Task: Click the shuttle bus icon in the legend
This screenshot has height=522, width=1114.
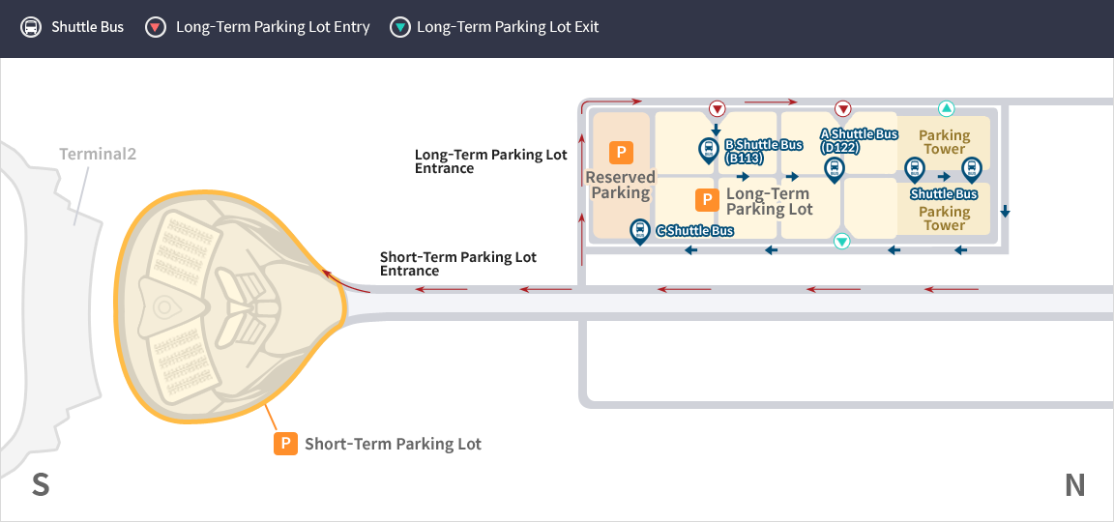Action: tap(31, 28)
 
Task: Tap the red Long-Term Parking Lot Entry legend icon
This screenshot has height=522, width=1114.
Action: tap(156, 28)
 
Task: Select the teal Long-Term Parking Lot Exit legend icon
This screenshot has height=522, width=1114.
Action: tap(400, 28)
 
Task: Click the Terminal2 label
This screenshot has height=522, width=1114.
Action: tap(98, 154)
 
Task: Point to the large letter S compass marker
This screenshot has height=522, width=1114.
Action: tap(41, 485)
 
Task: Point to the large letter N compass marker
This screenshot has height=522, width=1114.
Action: tap(1075, 485)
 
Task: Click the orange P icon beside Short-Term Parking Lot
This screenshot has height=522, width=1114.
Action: tap(285, 443)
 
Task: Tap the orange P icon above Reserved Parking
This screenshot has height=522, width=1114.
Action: tap(621, 152)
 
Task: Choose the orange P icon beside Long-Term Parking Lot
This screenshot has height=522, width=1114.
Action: tap(706, 200)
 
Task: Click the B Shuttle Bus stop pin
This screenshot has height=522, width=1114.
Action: tap(708, 151)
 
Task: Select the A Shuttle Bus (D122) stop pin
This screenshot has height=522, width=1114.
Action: tap(835, 170)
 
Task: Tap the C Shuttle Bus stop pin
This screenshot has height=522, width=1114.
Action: tap(641, 232)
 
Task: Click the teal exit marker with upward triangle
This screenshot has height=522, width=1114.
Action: tap(946, 108)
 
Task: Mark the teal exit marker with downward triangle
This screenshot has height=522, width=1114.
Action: tap(842, 242)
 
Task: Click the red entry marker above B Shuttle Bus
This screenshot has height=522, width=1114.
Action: tap(718, 108)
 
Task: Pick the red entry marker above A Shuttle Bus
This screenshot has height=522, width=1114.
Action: tap(842, 108)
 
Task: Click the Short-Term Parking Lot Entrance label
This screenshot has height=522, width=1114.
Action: tap(458, 264)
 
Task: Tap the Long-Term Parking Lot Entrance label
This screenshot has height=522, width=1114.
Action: tap(491, 161)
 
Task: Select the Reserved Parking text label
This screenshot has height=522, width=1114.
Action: tap(621, 185)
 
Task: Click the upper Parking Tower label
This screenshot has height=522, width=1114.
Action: tap(944, 141)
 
